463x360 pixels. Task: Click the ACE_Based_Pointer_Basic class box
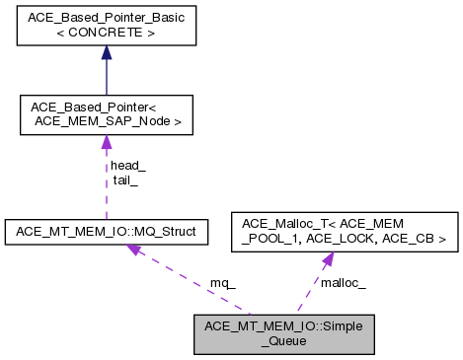[x=106, y=26]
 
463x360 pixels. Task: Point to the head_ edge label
[x=127, y=166]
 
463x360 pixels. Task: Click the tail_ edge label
[x=125, y=180]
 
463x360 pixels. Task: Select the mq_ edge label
[x=223, y=283]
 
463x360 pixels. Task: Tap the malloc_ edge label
[x=344, y=283]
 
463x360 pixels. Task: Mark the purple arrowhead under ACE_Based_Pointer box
[x=106, y=143]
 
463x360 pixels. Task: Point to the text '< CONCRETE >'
[x=106, y=34]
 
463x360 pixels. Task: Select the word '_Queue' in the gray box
[x=282, y=339]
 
